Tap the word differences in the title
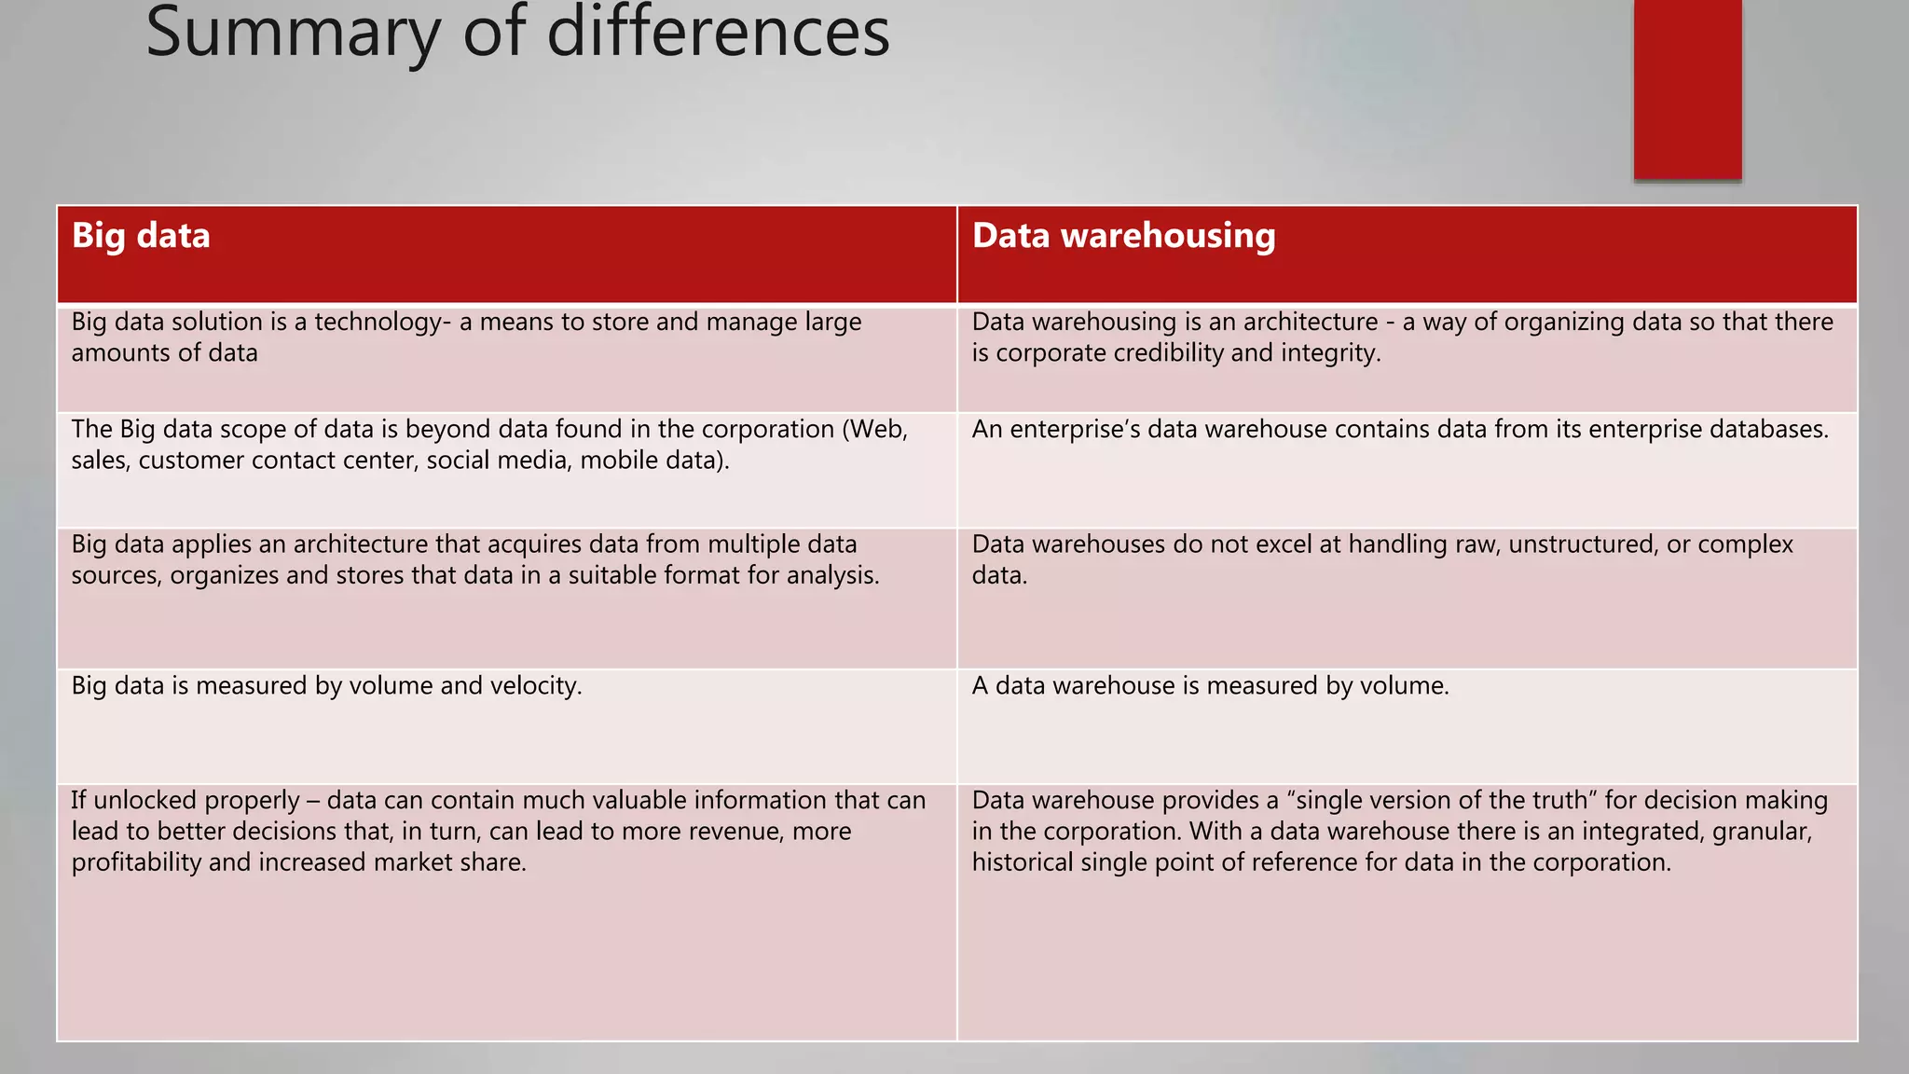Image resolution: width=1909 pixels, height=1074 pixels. click(x=718, y=33)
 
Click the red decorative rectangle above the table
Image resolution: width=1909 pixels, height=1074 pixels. click(x=1687, y=89)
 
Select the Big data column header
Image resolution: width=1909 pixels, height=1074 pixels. click(x=141, y=236)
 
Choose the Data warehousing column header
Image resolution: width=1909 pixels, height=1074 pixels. click(x=1123, y=236)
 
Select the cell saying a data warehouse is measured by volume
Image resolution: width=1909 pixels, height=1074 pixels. click(x=1210, y=686)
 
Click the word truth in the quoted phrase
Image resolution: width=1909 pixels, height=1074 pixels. click(x=1547, y=801)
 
